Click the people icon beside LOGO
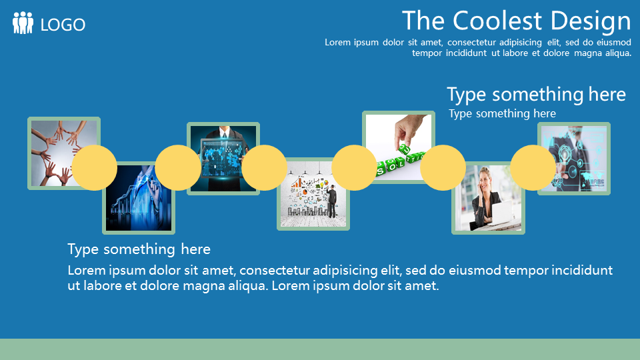(23, 23)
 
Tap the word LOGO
(63, 25)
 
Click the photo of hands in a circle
(64, 153)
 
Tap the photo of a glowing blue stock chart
(139, 198)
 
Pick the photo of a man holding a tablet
(223, 159)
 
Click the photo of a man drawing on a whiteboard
(313, 194)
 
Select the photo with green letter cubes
(399, 147)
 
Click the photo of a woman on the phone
(488, 198)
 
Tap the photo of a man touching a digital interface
(574, 159)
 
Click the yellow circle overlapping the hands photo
(94, 168)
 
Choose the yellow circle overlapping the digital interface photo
(533, 168)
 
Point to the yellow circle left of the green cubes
(354, 168)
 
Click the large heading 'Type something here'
(536, 95)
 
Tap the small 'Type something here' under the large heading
(502, 113)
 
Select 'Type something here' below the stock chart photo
(139, 249)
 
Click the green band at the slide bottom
(320, 349)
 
